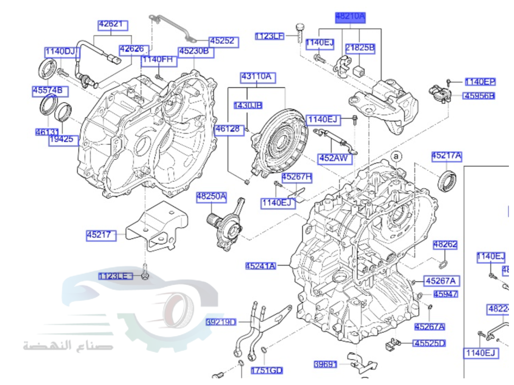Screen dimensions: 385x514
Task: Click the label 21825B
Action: (x=360, y=48)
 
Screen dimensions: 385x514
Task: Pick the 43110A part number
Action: (x=256, y=78)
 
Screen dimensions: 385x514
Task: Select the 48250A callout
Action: (x=211, y=196)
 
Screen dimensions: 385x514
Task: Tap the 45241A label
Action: (x=261, y=265)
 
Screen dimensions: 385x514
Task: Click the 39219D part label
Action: (x=221, y=322)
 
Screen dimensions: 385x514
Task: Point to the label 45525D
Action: (x=430, y=343)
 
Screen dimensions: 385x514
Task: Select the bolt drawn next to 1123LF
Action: (x=300, y=33)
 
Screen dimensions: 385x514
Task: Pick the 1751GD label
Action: (x=267, y=370)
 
